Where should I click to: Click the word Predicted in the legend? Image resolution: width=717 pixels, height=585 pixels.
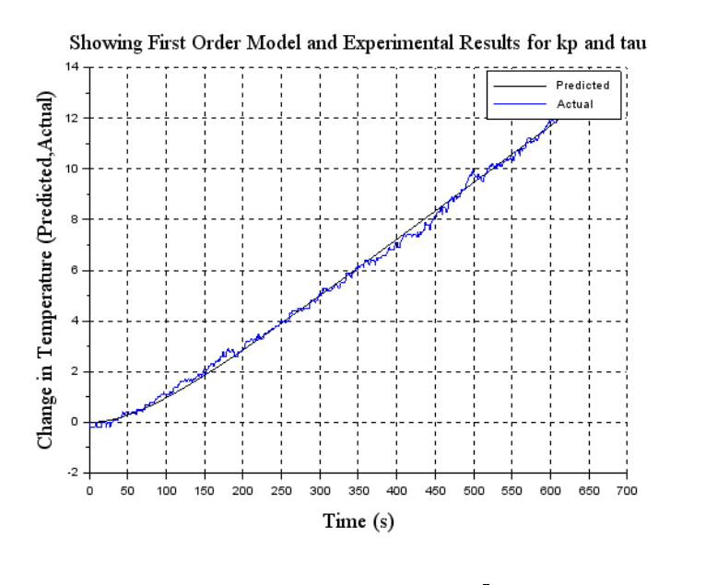pos(582,85)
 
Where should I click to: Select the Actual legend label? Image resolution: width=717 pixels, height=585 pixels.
pos(575,104)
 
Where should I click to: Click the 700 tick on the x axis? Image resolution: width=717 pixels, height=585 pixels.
pos(627,489)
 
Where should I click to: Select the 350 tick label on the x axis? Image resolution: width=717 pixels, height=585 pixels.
pos(358,489)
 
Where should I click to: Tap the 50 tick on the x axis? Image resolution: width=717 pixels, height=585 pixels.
pos(127,489)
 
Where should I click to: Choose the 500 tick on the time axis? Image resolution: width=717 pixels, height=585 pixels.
pos(474,489)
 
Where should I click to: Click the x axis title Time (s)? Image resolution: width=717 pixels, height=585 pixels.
pos(358,521)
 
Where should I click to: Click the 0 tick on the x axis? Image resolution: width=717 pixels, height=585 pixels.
pos(89,489)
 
